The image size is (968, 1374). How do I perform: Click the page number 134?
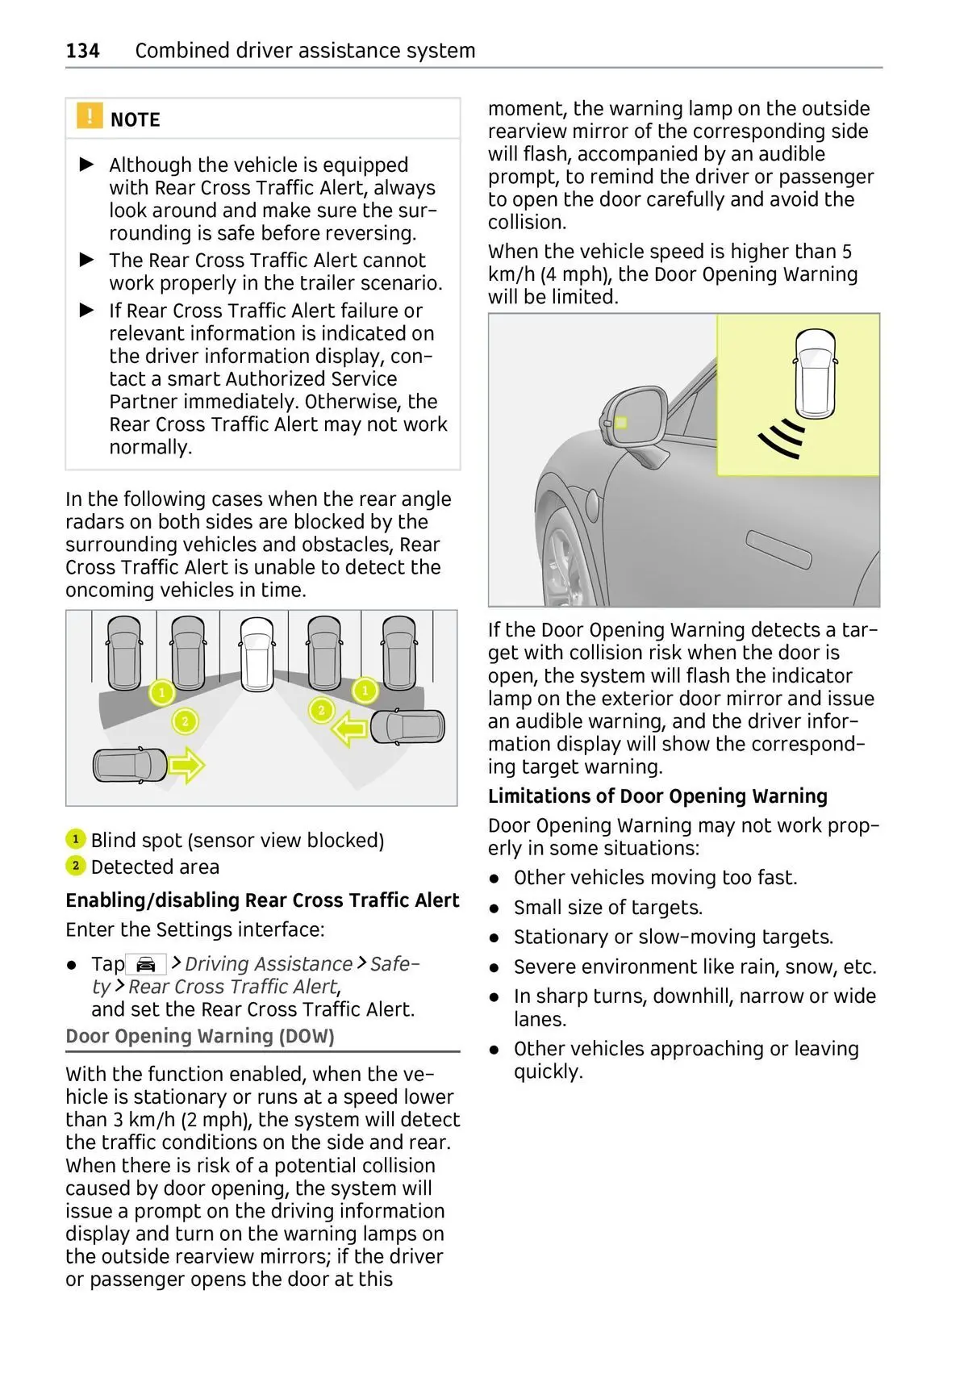pyautogui.click(x=82, y=51)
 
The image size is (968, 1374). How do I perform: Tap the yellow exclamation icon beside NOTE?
pyautogui.click(x=90, y=116)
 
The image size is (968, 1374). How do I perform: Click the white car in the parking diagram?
pyautogui.click(x=257, y=653)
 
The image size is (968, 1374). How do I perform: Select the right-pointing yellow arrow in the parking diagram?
pyautogui.click(x=186, y=764)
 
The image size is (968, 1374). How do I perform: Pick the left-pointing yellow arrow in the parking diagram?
pyautogui.click(x=350, y=730)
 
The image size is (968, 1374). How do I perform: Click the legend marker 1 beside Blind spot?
pyautogui.click(x=75, y=839)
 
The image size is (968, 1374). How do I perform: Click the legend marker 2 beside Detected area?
pyautogui.click(x=75, y=866)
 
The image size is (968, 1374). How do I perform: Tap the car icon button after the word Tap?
pyautogui.click(x=146, y=964)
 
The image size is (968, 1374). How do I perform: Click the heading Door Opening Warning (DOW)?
pyautogui.click(x=200, y=1036)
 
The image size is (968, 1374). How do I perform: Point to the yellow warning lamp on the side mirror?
pyautogui.click(x=621, y=423)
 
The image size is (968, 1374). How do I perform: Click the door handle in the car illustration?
pyautogui.click(x=778, y=550)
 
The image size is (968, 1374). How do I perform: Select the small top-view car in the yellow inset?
pyautogui.click(x=815, y=374)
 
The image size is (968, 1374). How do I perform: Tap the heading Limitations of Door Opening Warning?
pyautogui.click(x=657, y=796)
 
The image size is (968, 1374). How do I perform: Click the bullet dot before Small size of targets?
pyautogui.click(x=494, y=908)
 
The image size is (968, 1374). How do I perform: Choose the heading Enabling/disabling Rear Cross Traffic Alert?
pyautogui.click(x=262, y=900)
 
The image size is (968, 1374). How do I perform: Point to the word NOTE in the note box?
pyautogui.click(x=135, y=119)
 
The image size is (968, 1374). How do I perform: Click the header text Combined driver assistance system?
pyautogui.click(x=305, y=51)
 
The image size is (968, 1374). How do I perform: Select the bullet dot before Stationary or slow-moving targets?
pyautogui.click(x=494, y=938)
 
